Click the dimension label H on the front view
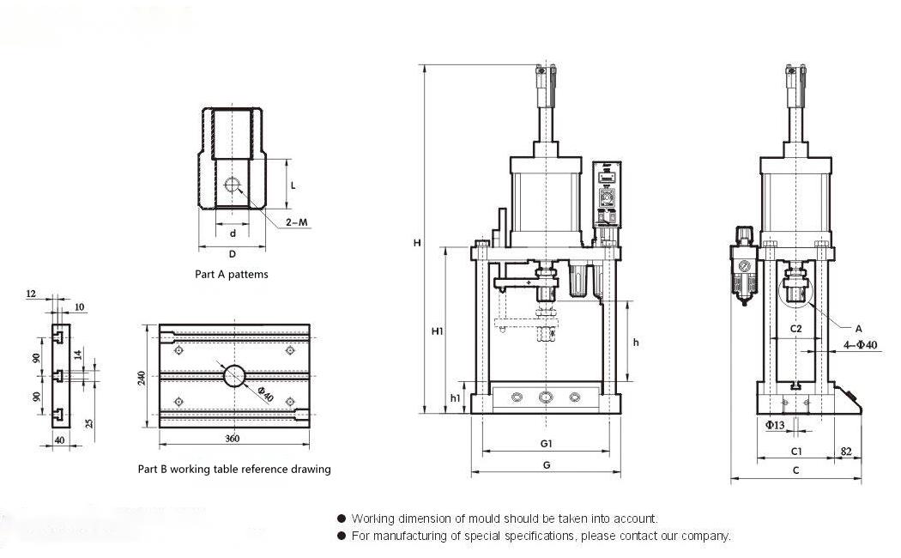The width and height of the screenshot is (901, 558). [x=416, y=243]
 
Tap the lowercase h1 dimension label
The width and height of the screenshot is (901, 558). [x=455, y=397]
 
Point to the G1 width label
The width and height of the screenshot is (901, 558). [x=546, y=443]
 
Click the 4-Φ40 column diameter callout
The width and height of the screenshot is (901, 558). [x=861, y=345]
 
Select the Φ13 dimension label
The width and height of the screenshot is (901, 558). [x=775, y=425]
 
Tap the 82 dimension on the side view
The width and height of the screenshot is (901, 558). [x=846, y=451]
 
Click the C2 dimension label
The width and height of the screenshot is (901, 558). [x=795, y=329]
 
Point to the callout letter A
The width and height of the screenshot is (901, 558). [x=857, y=328]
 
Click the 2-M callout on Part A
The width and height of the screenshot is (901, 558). [x=297, y=222]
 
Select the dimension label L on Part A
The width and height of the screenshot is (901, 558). [x=293, y=185]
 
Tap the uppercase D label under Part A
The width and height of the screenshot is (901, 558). [x=232, y=254]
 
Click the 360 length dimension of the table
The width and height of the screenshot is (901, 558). [x=232, y=439]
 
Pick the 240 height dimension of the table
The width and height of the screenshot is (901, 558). [x=142, y=377]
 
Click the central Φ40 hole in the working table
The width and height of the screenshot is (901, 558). [x=234, y=376]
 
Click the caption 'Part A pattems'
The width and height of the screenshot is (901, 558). [x=232, y=275]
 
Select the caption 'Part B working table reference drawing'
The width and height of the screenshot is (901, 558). [x=234, y=470]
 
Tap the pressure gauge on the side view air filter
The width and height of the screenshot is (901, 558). [x=743, y=267]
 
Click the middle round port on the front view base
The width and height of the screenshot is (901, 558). [x=546, y=397]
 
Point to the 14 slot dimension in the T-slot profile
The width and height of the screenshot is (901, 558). [x=76, y=354]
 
